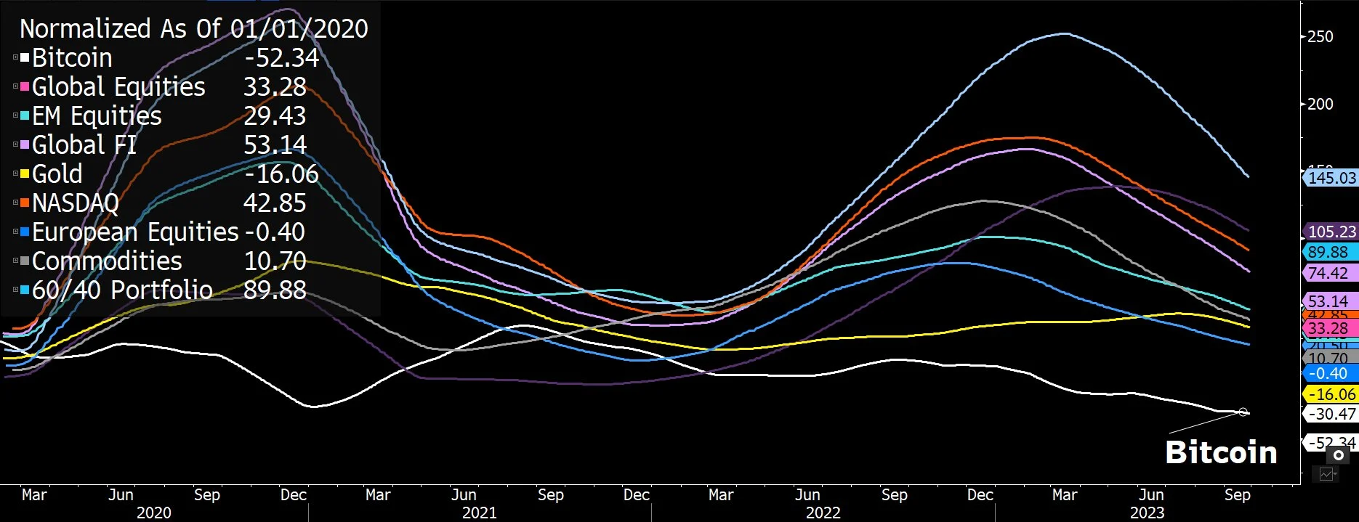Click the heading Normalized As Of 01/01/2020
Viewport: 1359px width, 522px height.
(193, 28)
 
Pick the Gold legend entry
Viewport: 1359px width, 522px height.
(57, 174)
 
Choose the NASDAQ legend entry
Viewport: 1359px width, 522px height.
(75, 203)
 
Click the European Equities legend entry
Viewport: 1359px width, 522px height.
(135, 232)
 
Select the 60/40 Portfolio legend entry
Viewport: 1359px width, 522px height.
(122, 290)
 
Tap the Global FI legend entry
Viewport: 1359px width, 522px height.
(84, 145)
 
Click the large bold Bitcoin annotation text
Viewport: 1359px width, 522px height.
(1221, 452)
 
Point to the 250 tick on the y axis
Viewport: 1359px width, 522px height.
(1320, 36)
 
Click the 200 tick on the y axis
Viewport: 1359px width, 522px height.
(1320, 104)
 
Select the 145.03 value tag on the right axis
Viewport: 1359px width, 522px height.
(1331, 178)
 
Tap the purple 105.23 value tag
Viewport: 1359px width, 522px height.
(1331, 232)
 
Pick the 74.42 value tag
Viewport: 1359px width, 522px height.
(1328, 273)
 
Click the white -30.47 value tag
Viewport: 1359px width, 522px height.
(1331, 414)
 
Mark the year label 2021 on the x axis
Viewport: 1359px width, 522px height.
(480, 513)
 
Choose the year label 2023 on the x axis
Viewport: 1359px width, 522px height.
(1147, 513)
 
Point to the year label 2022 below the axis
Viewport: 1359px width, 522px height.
(823, 513)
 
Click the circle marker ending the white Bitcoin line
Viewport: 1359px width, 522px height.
(1243, 412)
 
